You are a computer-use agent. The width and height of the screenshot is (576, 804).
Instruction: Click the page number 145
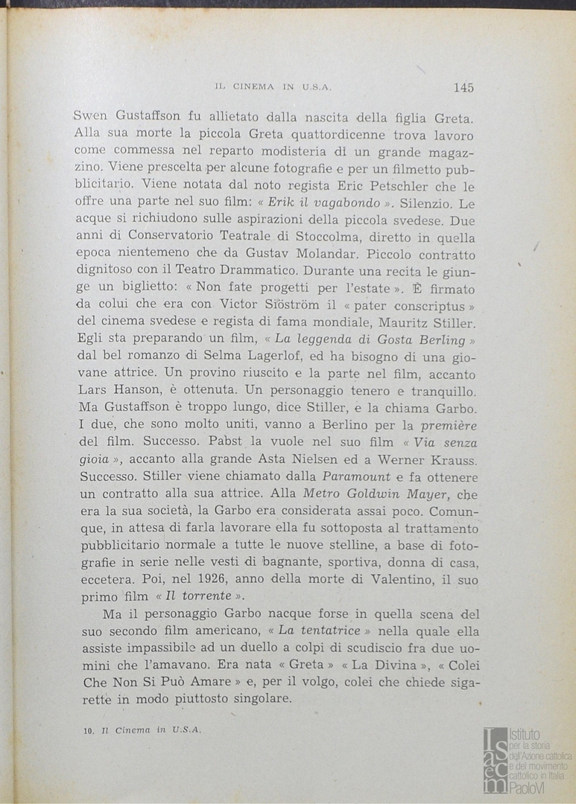[x=463, y=87]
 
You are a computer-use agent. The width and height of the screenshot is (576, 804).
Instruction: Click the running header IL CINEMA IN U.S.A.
[x=272, y=87]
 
